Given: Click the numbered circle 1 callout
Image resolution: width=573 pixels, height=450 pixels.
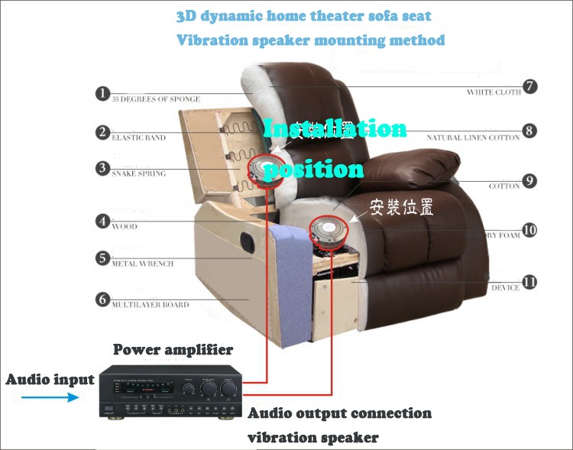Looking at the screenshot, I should point(102,93).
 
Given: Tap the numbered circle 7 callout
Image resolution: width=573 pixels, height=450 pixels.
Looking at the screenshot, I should point(529,86).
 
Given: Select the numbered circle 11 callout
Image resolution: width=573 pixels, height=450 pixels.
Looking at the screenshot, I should point(529,282).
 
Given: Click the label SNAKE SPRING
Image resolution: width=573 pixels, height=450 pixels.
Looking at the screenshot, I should point(139,173).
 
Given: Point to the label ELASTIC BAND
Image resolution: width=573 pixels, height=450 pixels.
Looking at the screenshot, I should point(139,138).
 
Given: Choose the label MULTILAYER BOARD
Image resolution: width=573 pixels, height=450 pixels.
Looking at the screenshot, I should point(151,305).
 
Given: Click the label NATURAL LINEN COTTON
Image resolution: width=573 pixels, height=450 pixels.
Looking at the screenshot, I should point(473,138).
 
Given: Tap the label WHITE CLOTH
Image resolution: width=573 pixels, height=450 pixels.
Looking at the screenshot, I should point(494,92).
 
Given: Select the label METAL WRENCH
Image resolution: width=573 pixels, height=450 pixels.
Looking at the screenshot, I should point(143,264).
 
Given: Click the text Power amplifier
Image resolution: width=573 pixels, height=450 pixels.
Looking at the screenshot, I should point(173,350).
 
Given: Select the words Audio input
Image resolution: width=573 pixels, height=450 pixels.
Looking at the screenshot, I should point(50,379).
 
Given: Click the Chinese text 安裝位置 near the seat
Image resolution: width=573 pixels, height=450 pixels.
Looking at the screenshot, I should point(401,207).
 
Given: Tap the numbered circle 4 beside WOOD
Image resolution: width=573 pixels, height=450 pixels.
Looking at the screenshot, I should point(102,221).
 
